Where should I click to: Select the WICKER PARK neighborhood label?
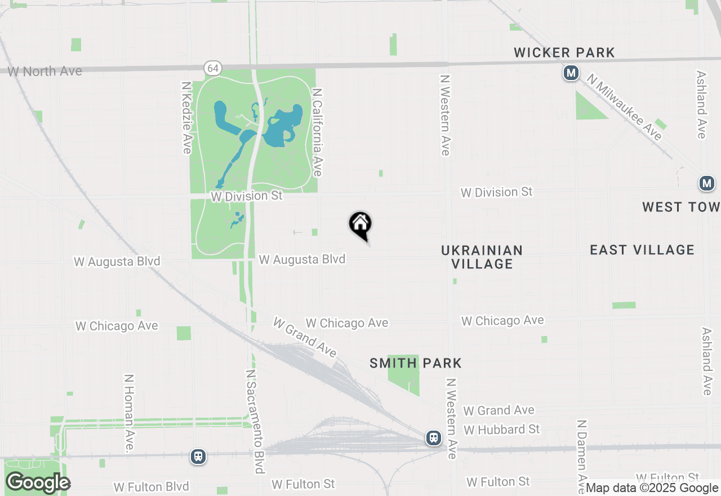564,53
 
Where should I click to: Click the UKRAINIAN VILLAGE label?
482,257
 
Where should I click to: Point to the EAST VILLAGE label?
642,250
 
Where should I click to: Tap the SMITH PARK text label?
416,364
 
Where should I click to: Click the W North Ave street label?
45,72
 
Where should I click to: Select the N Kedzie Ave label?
186,117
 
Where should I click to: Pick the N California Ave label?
317,132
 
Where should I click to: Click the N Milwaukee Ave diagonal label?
624,107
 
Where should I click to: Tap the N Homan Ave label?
129,413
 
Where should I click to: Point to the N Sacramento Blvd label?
255,422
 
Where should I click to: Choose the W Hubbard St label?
502,429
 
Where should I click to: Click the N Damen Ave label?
582,455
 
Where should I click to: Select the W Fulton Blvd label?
151,486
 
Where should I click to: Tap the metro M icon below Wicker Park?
571,73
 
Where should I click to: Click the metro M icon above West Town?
706,183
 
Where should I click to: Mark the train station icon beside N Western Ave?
433,438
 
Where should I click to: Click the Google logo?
38,483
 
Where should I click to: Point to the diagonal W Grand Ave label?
305,337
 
